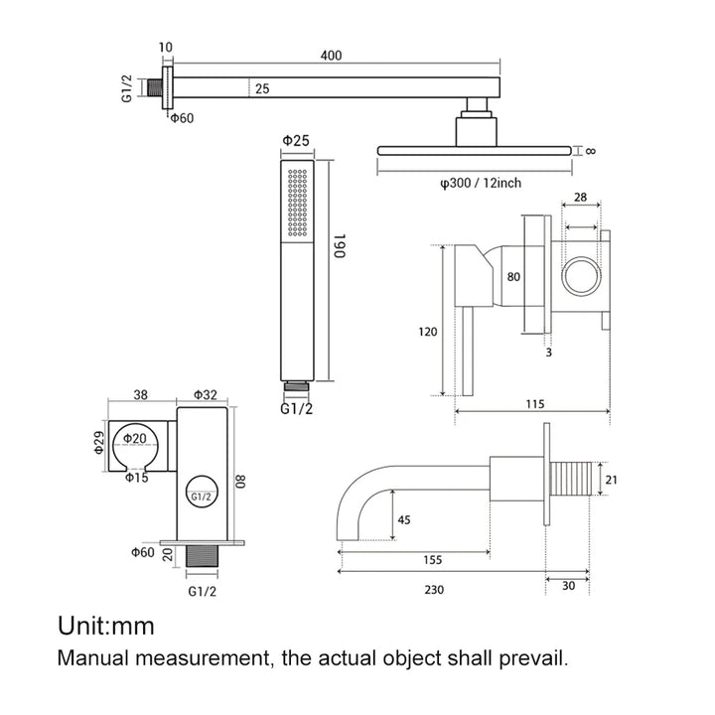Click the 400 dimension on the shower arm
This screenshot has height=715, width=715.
pos(332,57)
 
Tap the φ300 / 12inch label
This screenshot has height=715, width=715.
pos(482,182)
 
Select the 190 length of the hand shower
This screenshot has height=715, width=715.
pos(339,248)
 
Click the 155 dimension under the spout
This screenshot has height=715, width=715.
pos(432,559)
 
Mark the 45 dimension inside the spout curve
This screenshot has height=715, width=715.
pos(404,518)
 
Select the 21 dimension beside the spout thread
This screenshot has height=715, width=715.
pos(612,481)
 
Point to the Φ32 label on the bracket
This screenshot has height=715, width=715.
pos(205,394)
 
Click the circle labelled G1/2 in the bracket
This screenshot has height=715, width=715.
pos(201,493)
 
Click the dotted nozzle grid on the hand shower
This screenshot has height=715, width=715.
pos(296,203)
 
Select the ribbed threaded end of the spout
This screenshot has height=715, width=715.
pos(575,480)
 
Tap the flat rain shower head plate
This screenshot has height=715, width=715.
pos(476,150)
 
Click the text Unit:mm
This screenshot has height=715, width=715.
pos(106,626)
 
